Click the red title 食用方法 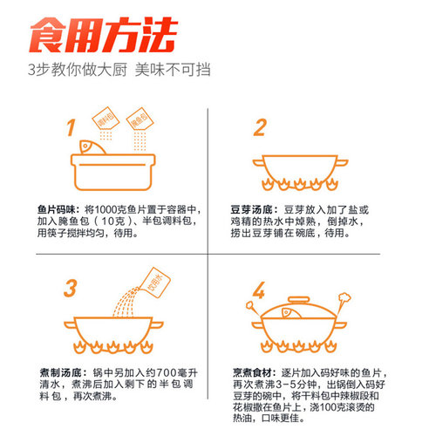pyautogui.click(x=103, y=35)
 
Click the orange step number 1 pyautogui.click(x=71, y=127)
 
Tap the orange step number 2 pyautogui.click(x=260, y=127)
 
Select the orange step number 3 pyautogui.click(x=71, y=288)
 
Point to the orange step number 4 pyautogui.click(x=259, y=290)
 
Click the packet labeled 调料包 pyautogui.click(x=106, y=119)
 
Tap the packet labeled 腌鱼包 pyautogui.click(x=140, y=119)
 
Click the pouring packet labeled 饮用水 pyautogui.click(x=155, y=283)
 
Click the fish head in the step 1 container pyautogui.click(x=92, y=147)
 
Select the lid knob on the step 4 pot pyautogui.click(x=298, y=300)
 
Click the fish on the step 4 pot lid pyautogui.click(x=292, y=313)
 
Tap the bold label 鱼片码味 pyautogui.click(x=57, y=209)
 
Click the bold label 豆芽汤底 pyautogui.click(x=252, y=209)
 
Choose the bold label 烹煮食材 pyautogui.click(x=253, y=372)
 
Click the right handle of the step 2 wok pyautogui.click(x=342, y=162)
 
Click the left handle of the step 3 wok pyautogui.click(x=70, y=324)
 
